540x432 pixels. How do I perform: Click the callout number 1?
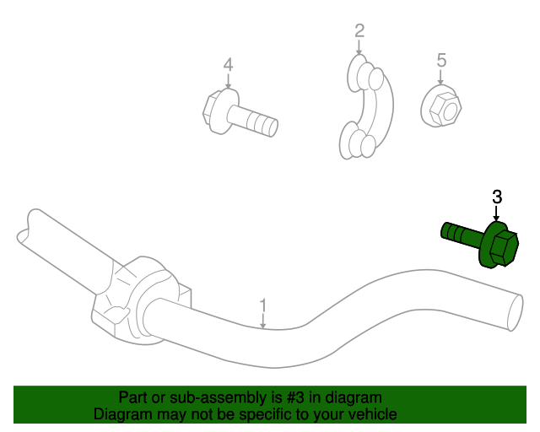[262, 305]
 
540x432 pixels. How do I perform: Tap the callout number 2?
[359, 31]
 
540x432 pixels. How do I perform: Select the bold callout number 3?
[497, 197]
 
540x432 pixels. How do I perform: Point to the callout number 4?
[228, 64]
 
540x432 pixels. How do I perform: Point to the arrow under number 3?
[497, 216]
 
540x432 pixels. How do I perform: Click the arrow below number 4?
[228, 82]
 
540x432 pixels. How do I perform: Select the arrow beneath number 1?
[262, 320]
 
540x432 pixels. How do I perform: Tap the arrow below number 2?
[359, 48]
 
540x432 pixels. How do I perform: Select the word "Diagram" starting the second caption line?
[120, 414]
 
